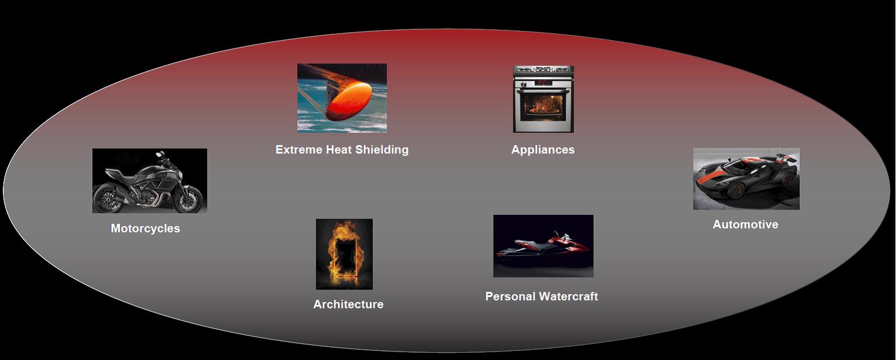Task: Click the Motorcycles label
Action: click(145, 228)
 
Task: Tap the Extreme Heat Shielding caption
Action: click(342, 150)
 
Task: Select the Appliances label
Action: click(543, 150)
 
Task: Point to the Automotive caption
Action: click(746, 224)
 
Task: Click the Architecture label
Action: click(348, 304)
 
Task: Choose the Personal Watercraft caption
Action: click(541, 296)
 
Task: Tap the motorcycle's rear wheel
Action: click(107, 198)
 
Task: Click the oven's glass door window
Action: click(543, 107)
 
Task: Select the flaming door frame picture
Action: click(344, 254)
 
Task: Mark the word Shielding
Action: click(382, 150)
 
